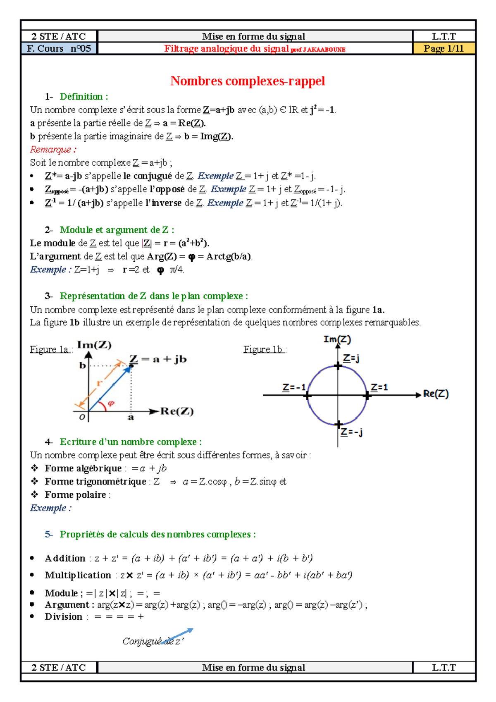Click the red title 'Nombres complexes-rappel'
(x=248, y=81)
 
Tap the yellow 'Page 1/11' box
(x=444, y=49)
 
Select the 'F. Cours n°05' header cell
(x=59, y=49)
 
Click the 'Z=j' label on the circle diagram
(x=351, y=358)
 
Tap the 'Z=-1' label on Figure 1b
(x=294, y=387)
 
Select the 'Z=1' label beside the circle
(x=379, y=387)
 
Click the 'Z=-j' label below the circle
(x=351, y=432)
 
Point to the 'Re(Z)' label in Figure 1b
(x=436, y=394)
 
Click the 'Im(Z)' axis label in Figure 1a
(x=94, y=345)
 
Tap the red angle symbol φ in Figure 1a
(x=111, y=403)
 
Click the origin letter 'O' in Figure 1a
(x=82, y=417)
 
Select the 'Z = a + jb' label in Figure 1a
(x=158, y=359)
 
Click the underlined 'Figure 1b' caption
(x=263, y=350)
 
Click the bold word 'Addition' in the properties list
(x=65, y=559)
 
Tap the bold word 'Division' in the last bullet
(x=64, y=617)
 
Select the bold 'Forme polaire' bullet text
(x=75, y=495)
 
